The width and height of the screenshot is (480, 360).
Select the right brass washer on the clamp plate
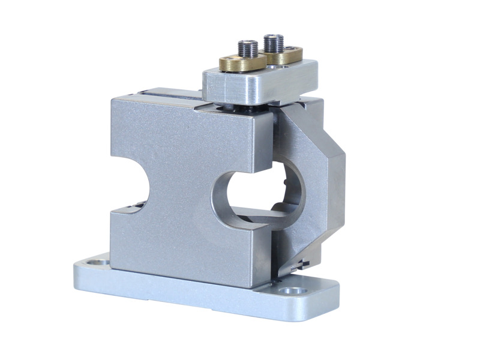coord(286,56)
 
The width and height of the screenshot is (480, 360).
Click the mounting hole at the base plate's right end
coord(293,291)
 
